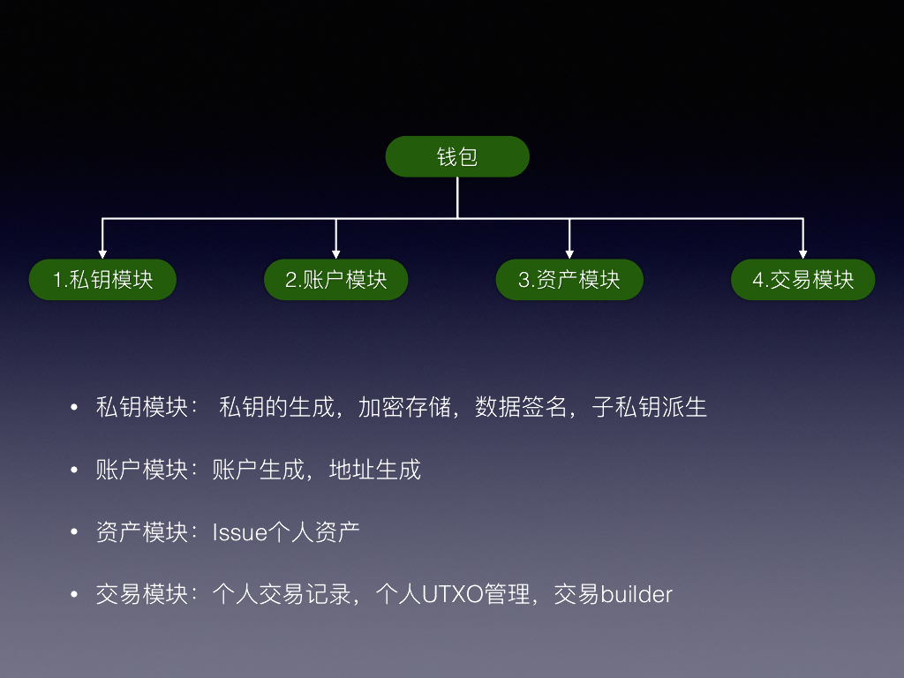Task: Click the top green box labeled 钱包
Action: [x=457, y=157]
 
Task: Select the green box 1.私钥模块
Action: [x=103, y=280]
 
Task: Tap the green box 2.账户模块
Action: [x=336, y=280]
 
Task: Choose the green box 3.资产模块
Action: [x=569, y=280]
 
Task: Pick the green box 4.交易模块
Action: [x=803, y=280]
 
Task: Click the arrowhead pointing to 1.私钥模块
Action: [x=103, y=253]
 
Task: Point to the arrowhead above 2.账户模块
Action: [x=336, y=253]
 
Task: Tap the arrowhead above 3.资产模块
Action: [x=569, y=253]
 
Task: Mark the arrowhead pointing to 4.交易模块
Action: [x=802, y=253]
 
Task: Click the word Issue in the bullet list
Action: [x=239, y=532]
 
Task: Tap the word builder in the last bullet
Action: [x=637, y=594]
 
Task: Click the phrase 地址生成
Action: [x=375, y=470]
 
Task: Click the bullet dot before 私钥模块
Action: [x=74, y=409]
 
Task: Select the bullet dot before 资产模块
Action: [x=74, y=533]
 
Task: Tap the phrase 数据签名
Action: [x=521, y=408]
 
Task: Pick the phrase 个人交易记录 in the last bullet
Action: [x=282, y=594]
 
